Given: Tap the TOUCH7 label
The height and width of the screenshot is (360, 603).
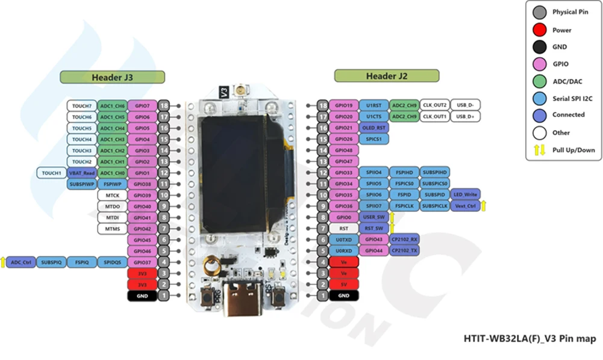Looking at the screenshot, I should [82, 105].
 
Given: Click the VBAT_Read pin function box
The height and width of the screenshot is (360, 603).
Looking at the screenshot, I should [82, 173].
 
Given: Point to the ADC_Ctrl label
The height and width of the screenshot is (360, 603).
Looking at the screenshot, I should [21, 262].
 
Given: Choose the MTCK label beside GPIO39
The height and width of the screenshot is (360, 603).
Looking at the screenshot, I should [112, 196].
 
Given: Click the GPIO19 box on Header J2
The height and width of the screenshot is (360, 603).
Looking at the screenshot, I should [343, 105].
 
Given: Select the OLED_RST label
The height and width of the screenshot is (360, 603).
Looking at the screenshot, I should [373, 128].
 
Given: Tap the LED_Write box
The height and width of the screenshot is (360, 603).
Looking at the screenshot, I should [465, 195].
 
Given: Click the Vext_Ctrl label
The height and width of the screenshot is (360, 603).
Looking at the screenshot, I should [465, 206].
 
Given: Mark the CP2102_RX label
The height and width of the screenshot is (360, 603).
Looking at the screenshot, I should [405, 239].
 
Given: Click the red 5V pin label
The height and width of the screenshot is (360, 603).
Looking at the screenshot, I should [343, 284].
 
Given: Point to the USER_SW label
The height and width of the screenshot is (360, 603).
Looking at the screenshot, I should [373, 217].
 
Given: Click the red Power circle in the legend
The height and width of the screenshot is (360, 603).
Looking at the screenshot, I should [540, 29].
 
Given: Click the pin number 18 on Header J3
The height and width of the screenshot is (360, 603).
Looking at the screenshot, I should [164, 105].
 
